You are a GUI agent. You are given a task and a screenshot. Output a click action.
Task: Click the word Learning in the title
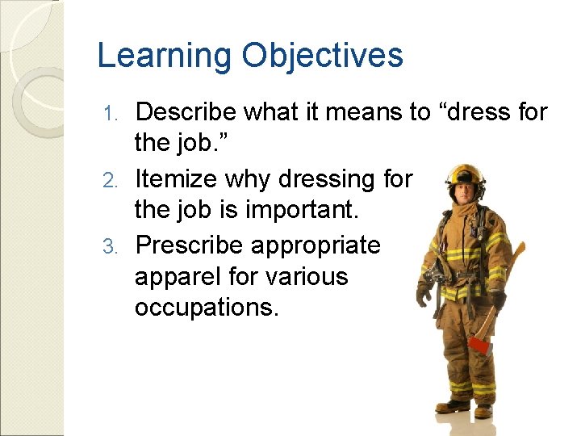[x=161, y=56]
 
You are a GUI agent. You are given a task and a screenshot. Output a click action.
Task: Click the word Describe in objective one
[x=185, y=112]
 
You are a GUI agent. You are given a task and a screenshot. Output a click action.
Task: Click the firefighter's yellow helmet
[x=466, y=174]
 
